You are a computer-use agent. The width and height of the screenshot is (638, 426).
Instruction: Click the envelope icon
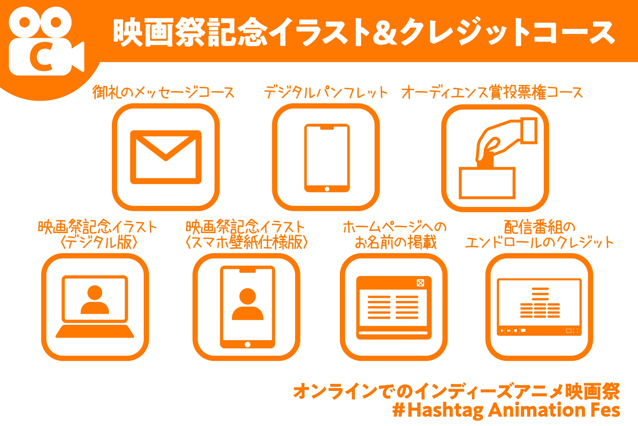pos(166,157)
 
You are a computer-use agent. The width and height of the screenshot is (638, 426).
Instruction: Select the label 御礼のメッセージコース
pos(163,92)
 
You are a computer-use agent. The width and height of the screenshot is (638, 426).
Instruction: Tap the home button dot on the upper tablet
pos(327,189)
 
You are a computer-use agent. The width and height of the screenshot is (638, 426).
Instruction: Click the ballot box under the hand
pos(487,183)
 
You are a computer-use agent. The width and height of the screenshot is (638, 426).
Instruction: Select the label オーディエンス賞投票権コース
pos(492,92)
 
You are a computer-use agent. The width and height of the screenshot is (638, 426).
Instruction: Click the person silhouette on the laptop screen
pos(95,300)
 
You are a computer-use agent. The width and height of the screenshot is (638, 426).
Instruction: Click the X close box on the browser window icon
pos(420,283)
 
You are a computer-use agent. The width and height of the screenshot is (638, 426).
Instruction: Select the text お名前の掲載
pos(396,242)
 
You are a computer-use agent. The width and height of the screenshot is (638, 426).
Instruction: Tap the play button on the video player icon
pos(502,331)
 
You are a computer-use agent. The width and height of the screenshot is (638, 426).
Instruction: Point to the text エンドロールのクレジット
pos(539,242)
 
